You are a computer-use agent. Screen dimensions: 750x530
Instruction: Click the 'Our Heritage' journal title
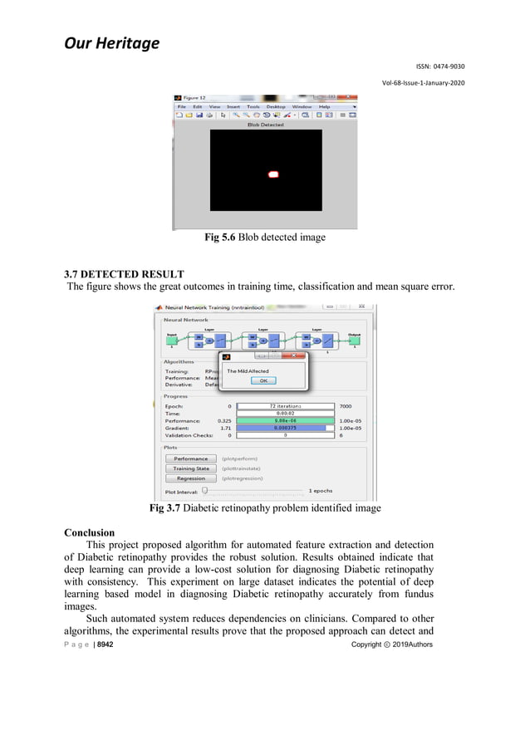point(111,42)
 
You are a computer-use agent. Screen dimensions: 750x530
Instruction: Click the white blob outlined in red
point(273,174)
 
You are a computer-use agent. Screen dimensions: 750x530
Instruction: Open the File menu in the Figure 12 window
point(181,107)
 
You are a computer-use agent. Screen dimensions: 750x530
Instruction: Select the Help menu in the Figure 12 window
point(325,107)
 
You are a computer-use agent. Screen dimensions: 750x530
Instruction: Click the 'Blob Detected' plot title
point(265,125)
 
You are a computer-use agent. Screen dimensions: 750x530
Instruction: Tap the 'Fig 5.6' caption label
point(220,238)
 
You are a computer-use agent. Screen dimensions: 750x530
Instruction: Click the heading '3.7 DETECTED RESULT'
point(124,274)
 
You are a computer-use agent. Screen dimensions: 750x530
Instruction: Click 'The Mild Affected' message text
point(248,371)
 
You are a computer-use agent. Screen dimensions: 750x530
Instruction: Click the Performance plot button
point(190,458)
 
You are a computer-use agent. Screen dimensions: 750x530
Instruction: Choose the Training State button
point(190,468)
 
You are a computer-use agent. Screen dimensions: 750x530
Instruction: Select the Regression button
point(190,478)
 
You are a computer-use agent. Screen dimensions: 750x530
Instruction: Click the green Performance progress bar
point(285,421)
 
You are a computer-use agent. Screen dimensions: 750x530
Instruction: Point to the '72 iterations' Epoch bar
point(285,406)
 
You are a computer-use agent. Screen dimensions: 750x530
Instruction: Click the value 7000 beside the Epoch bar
point(347,406)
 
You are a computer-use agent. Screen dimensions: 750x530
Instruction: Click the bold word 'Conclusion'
point(89,532)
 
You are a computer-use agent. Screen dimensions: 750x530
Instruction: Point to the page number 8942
point(105,644)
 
